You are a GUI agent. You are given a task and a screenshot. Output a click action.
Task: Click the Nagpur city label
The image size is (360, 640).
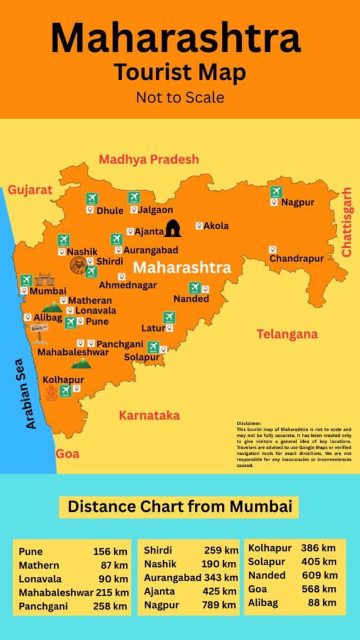(297, 202)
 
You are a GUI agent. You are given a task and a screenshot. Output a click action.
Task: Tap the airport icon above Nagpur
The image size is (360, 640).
(276, 192)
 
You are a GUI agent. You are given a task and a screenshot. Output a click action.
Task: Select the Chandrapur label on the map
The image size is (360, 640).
(296, 258)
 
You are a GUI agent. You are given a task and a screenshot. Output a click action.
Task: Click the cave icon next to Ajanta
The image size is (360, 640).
(172, 229)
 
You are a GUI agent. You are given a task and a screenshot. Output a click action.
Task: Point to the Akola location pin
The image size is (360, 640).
(199, 226)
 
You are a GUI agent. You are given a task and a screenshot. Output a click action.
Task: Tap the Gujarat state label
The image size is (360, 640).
(29, 190)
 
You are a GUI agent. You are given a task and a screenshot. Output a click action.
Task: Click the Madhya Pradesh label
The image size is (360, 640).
(149, 159)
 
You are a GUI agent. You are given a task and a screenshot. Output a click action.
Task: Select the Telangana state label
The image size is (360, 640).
(287, 334)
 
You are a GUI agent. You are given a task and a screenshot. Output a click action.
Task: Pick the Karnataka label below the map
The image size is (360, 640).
(149, 416)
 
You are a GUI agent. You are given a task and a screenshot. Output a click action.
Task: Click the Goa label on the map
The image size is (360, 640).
(67, 454)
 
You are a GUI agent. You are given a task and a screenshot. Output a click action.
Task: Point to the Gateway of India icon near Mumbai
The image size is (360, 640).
(44, 279)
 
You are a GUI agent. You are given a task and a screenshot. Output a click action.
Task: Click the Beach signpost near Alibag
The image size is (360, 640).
(39, 332)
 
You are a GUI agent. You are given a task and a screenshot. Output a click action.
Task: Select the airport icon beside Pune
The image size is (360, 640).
(70, 322)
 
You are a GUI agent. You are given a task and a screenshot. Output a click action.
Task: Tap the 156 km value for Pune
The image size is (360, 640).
(110, 551)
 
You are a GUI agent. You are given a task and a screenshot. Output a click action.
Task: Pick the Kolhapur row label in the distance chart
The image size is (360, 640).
(269, 548)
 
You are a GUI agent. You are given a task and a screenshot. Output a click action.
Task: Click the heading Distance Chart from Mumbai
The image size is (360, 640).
(179, 506)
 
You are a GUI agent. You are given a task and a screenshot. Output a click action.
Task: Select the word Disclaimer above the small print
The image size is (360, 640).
(249, 423)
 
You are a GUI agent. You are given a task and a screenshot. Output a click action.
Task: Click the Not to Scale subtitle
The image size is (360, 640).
(179, 97)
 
